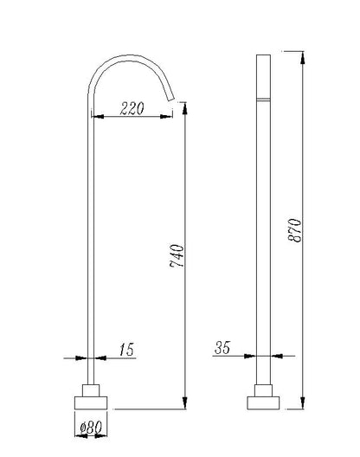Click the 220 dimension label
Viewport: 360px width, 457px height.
[132, 108]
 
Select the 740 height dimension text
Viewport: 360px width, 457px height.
[177, 256]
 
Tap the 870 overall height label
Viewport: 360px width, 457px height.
[294, 230]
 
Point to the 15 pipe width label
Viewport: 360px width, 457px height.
[127, 349]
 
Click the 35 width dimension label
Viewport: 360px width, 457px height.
[222, 347]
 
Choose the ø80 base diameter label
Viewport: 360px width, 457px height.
[91, 428]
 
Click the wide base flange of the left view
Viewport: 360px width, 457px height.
[91, 402]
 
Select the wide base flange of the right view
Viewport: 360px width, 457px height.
[263, 402]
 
